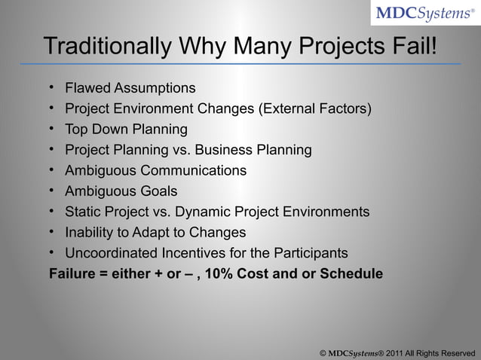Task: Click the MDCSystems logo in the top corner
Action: [424, 14]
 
